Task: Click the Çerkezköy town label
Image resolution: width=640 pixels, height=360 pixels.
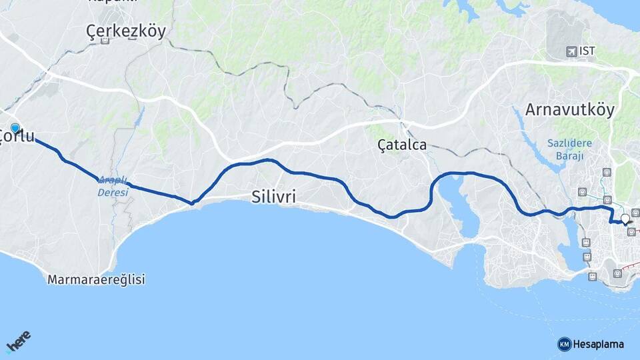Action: [x=126, y=31]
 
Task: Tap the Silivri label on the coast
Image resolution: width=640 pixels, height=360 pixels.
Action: [x=273, y=197]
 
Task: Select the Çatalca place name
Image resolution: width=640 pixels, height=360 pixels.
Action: [x=401, y=145]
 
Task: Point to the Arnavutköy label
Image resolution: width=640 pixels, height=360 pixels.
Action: [x=570, y=110]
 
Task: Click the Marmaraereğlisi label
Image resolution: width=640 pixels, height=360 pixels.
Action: [x=96, y=280]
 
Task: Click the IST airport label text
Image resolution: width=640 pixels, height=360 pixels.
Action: [x=587, y=51]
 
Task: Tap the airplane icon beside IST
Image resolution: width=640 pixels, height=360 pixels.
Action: [x=571, y=51]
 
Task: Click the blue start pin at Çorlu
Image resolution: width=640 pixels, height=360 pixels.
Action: [x=15, y=127]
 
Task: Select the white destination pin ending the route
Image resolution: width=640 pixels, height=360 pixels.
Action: [x=625, y=219]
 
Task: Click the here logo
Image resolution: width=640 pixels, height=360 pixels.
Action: [x=19, y=341]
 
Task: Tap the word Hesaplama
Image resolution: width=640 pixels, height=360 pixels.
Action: [x=599, y=344]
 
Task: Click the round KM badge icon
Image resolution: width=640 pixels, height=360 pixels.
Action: [x=564, y=344]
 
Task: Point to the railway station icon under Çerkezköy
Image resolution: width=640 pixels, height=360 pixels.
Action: [x=105, y=41]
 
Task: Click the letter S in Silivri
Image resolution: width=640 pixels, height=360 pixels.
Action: [x=257, y=197]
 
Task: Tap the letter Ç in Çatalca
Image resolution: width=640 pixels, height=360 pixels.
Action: [x=383, y=145]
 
